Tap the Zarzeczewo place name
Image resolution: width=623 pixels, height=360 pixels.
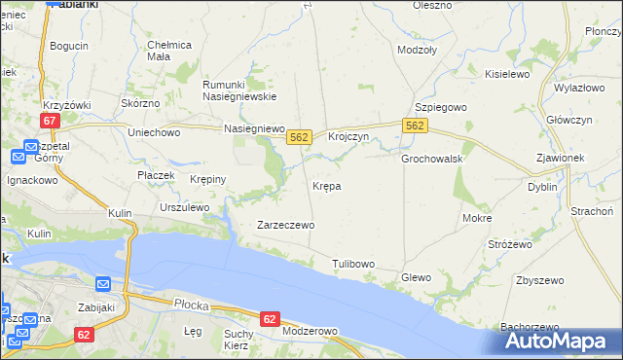tap(284, 225)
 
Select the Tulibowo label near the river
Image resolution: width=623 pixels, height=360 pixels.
tap(353, 264)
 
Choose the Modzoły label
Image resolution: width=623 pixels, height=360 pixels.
tap(417, 49)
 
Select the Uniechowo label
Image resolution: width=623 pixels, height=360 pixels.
tap(155, 131)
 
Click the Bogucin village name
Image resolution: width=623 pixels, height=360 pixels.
tap(69, 46)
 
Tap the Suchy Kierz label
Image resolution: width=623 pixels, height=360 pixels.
tap(238, 340)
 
